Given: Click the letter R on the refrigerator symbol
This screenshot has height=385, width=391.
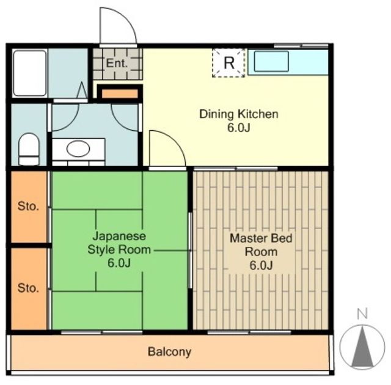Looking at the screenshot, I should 228,62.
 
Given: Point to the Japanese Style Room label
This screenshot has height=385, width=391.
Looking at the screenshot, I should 119,243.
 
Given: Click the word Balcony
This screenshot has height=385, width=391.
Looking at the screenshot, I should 169,352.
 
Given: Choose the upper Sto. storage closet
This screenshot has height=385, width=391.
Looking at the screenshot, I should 28,207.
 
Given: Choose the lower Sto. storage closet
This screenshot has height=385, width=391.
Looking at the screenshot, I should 28,287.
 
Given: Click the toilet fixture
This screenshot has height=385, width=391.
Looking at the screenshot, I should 28,148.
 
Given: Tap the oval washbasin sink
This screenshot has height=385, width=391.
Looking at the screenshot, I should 78,148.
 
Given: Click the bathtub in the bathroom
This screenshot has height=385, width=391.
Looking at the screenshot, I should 29,73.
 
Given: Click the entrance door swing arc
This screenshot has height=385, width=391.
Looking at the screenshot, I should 118,26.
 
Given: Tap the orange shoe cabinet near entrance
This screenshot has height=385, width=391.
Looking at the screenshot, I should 119,94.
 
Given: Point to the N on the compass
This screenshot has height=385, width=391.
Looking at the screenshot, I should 362,314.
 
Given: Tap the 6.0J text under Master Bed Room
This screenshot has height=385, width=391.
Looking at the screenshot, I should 260,265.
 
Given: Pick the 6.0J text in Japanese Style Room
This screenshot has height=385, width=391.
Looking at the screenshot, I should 119,263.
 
